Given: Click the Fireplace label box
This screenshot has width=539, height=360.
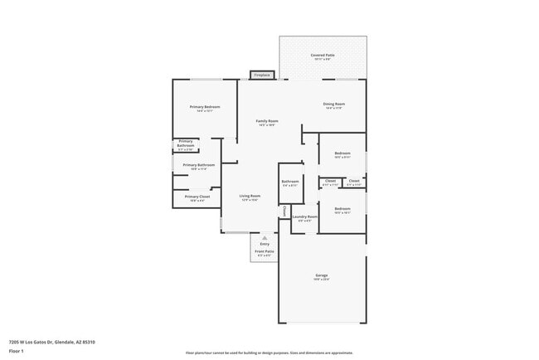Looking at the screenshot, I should point(262,75).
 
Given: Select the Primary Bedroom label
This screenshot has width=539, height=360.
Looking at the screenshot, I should point(205,108).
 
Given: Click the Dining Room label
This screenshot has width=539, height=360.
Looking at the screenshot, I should point(334,105).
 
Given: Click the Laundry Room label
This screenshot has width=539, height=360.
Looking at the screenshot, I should point(304,218).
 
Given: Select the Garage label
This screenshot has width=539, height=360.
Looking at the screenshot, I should point(321,276).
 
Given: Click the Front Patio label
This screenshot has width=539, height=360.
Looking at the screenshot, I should point(265,252).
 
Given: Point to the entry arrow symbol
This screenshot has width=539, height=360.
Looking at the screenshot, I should point(265,237).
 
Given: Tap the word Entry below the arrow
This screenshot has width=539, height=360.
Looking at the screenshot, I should point(265,244).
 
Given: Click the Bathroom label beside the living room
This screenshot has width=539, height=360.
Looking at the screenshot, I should point(290,182).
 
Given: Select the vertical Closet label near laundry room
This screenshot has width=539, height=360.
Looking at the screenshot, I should point(284,212).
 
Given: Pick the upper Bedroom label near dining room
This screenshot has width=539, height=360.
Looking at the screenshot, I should point(342,154).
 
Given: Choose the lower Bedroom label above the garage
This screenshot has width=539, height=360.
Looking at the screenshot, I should point(342,209).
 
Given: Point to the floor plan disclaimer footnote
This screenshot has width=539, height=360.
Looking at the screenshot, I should point(269,353).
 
